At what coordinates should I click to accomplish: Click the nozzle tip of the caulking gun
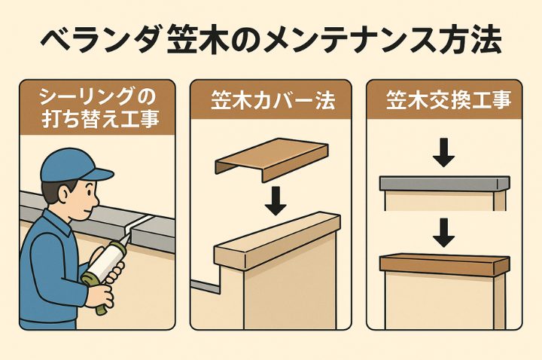[130, 234]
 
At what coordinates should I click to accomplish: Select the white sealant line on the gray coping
[139, 224]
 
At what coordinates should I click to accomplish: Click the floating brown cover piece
[272, 160]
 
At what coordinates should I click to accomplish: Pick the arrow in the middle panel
[276, 201]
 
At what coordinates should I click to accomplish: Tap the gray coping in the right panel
[445, 184]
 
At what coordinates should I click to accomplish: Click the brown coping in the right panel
[445, 264]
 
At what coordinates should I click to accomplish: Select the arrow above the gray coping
[443, 153]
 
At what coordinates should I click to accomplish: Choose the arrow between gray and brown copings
[443, 233]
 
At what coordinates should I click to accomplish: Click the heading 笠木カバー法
[273, 101]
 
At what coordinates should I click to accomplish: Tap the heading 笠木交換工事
[449, 101]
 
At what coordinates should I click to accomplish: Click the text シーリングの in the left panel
[98, 97]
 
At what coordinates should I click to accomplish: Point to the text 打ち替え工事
[100, 119]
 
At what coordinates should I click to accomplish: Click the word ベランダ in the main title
[101, 41]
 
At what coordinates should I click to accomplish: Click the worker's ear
[65, 196]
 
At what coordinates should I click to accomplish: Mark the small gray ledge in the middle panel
[206, 286]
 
